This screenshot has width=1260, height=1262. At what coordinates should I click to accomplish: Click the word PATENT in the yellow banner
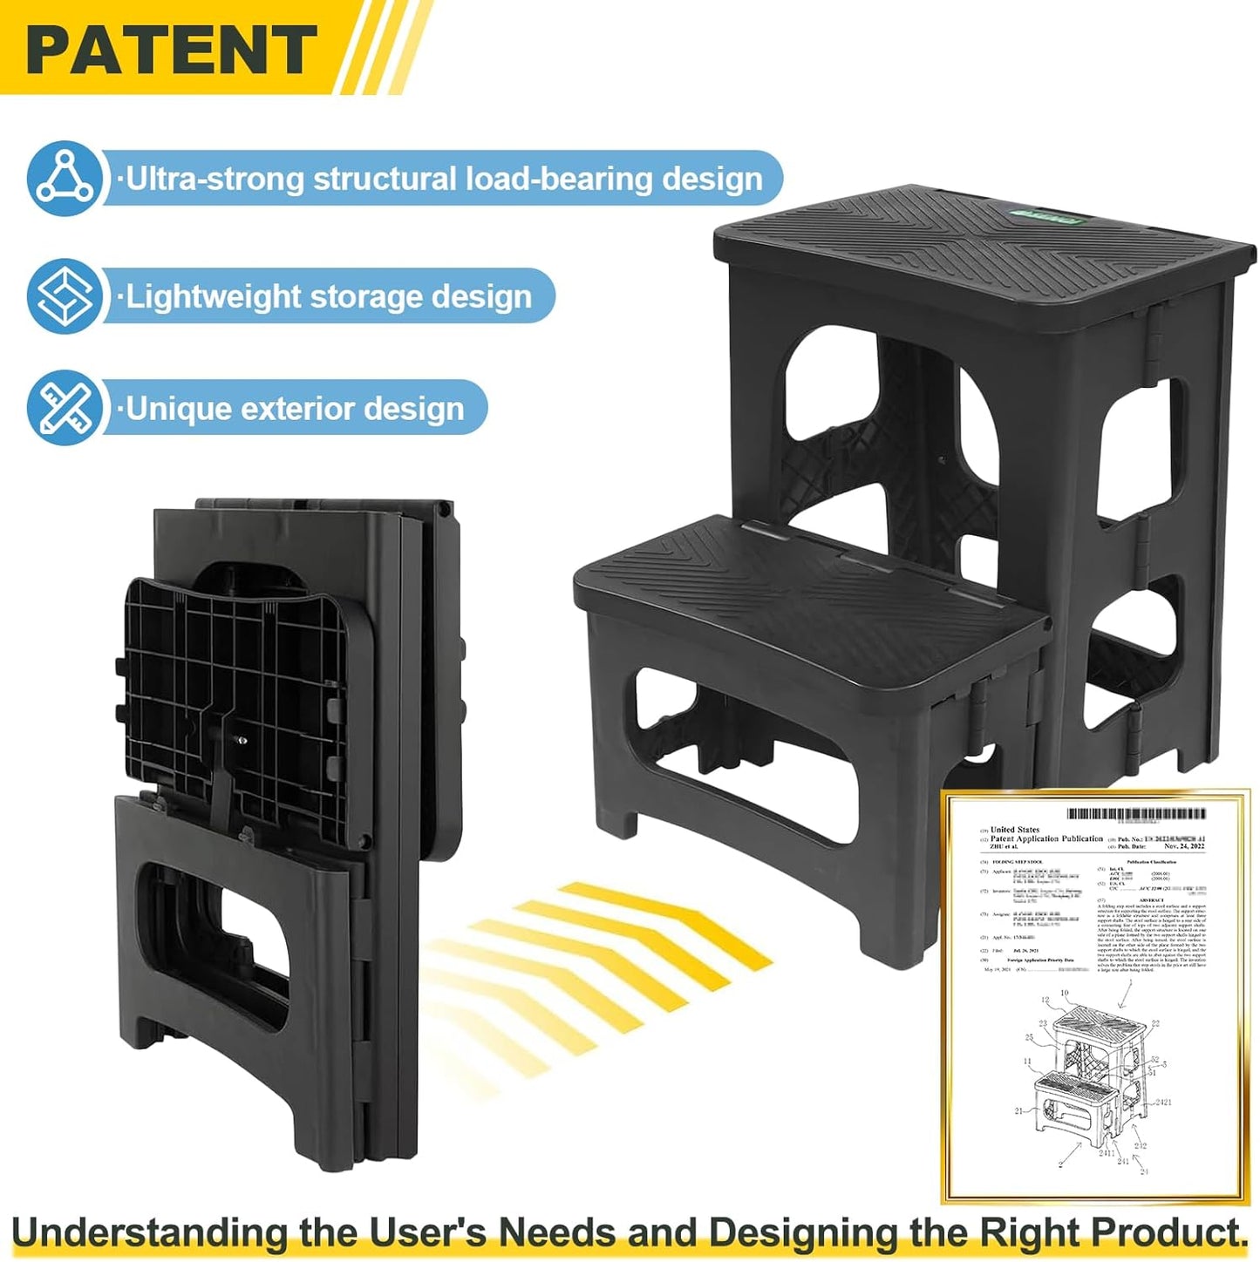[171, 50]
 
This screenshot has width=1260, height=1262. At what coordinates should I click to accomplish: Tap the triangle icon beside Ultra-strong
[64, 178]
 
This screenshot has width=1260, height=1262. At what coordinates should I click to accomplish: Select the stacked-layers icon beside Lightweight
[64, 296]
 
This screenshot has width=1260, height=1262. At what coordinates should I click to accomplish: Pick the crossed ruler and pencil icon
[64, 408]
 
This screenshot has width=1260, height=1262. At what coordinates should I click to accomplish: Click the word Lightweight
[214, 297]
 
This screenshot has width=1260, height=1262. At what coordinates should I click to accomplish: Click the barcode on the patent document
[1136, 814]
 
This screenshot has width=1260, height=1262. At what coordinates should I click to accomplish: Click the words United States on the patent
[1015, 830]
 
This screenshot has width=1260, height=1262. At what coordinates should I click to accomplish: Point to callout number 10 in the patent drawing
[1064, 993]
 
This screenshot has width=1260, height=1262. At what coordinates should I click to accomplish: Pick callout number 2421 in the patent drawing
[1163, 1103]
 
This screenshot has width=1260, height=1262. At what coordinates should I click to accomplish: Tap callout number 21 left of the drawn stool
[1018, 1111]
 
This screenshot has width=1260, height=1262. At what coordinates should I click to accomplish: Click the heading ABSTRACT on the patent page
[1151, 899]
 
